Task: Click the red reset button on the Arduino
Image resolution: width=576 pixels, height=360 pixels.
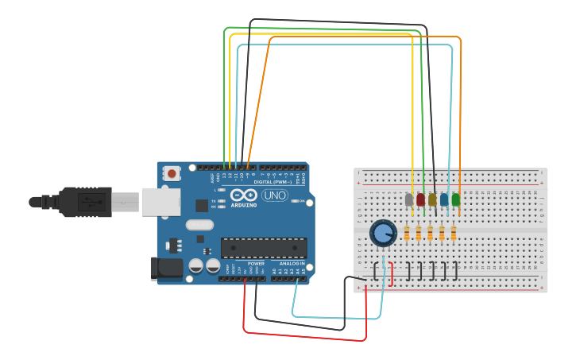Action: click(172, 173)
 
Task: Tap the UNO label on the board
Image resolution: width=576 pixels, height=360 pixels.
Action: click(274, 195)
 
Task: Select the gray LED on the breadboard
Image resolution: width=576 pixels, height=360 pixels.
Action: click(409, 199)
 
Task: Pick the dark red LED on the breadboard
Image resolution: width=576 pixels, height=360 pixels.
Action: click(420, 199)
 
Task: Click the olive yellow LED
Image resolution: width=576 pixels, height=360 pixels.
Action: click(432, 199)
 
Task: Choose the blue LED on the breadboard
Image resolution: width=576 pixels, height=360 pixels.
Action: click(444, 199)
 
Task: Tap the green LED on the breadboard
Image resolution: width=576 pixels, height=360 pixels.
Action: click(456, 199)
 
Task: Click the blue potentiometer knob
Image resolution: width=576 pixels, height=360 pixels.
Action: click(383, 234)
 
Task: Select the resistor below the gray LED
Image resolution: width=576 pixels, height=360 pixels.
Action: click(408, 234)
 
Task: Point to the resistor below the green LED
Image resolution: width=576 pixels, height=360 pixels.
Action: click(453, 234)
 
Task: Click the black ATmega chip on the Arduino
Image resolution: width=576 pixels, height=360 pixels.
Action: click(263, 247)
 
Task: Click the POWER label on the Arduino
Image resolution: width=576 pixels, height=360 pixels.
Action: click(256, 263)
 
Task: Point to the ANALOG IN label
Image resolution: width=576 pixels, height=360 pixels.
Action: click(292, 263)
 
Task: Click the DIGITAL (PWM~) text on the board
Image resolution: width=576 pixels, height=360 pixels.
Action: click(269, 181)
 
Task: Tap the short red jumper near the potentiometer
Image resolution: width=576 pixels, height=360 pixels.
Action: click(391, 273)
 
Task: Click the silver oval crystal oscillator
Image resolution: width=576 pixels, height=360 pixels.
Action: click(200, 225)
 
